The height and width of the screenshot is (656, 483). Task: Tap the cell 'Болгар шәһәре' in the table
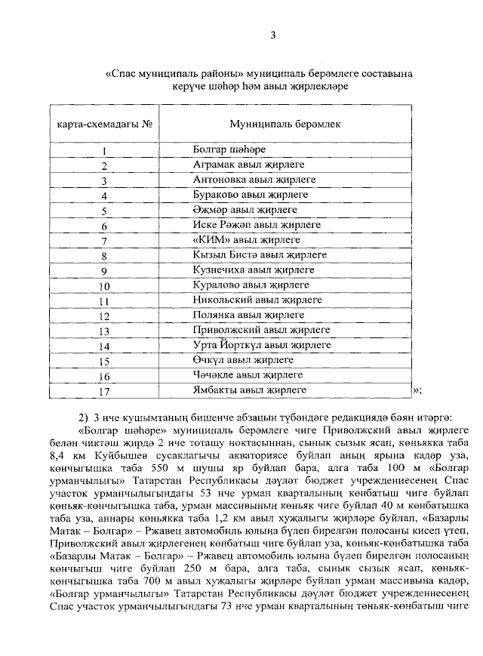click(229, 149)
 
